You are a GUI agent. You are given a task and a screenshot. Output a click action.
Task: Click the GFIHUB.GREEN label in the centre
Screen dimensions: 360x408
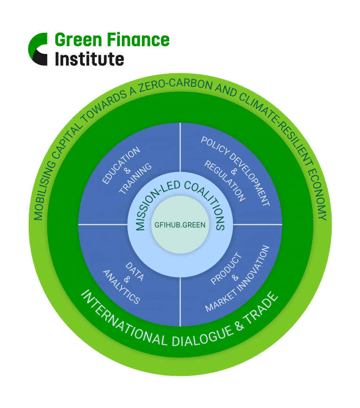180,225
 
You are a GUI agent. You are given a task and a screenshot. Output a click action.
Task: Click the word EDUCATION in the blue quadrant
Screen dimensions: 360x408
121,165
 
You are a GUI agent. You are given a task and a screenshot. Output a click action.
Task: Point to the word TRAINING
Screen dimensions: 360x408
135,178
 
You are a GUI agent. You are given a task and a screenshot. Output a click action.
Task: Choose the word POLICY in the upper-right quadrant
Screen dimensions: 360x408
215,146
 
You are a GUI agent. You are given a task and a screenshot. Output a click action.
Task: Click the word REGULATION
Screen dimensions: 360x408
225,181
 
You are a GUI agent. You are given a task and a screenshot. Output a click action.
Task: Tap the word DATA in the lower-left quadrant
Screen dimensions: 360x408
135,272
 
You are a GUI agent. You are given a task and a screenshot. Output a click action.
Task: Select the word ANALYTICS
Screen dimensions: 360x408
121,287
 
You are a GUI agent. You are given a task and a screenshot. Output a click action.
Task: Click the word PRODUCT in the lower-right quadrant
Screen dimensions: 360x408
226,268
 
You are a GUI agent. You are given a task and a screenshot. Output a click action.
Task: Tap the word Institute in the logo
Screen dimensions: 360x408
89,59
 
